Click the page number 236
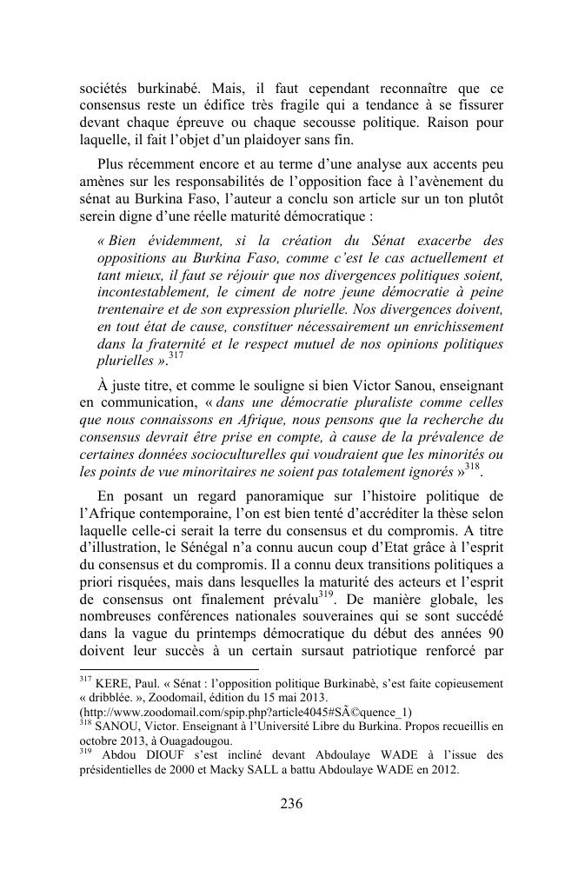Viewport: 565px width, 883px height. coord(291,804)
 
